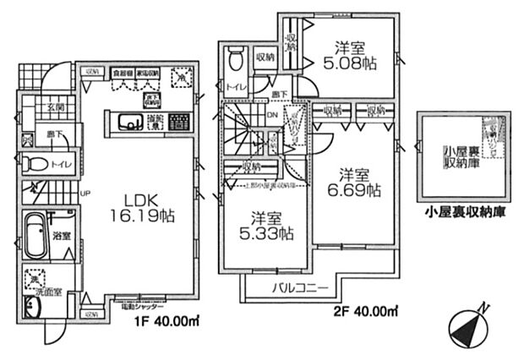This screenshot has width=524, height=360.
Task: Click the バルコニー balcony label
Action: pyautogui.click(x=300, y=289)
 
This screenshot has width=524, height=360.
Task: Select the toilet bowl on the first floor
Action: pyautogui.click(x=33, y=164)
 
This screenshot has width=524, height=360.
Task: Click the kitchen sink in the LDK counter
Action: pyautogui.click(x=131, y=124)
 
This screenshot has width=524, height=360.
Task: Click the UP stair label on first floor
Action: pyautogui.click(x=85, y=194)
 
